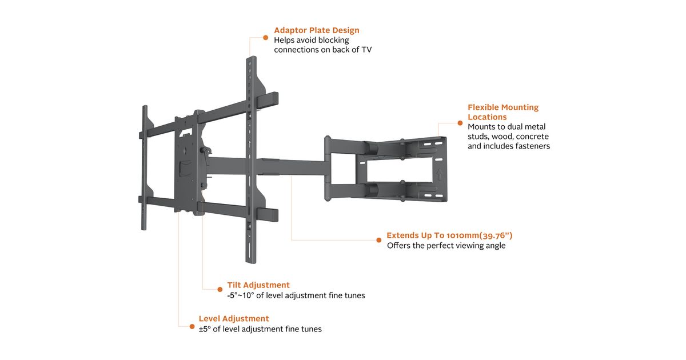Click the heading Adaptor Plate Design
pyautogui.click(x=316, y=30)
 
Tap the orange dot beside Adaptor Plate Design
pyautogui.click(x=266, y=37)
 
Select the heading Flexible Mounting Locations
pyautogui.click(x=503, y=112)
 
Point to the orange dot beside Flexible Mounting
pyautogui.click(x=460, y=122)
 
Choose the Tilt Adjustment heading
pyautogui.click(x=258, y=285)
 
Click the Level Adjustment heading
pyautogui.click(x=234, y=318)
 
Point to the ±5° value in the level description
pyautogui.click(x=205, y=329)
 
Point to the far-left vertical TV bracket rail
pyautogui.click(x=145, y=166)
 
